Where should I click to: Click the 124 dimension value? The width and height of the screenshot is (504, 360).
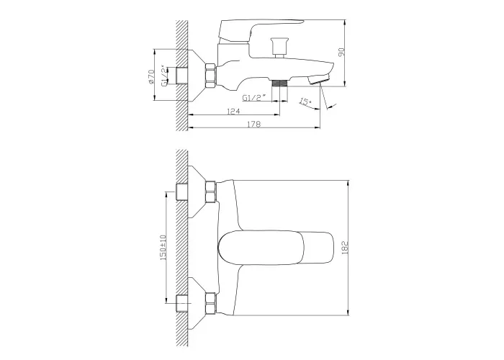point(234,111)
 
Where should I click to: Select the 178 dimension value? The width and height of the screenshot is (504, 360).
point(254,124)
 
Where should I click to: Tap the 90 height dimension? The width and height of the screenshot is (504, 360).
point(342,52)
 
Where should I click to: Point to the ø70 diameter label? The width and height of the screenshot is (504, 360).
point(151,77)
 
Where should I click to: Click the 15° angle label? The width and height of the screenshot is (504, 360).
point(305,102)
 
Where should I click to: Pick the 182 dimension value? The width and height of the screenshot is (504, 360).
point(345,248)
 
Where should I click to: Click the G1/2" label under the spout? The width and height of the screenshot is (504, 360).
point(254,97)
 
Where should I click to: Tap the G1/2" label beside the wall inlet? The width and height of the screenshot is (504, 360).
point(164,76)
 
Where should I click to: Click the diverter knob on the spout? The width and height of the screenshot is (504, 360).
point(278,48)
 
